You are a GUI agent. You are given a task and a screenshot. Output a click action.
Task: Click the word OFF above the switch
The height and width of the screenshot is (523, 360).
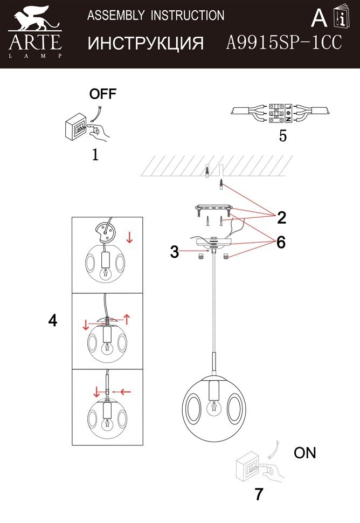tap(102, 94)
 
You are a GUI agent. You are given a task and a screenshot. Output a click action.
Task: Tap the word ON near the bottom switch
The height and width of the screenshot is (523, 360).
tap(304, 453)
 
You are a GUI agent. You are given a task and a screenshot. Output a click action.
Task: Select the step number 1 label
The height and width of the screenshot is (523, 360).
tap(95, 155)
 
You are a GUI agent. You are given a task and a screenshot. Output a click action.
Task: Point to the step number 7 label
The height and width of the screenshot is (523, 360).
tap(259, 494)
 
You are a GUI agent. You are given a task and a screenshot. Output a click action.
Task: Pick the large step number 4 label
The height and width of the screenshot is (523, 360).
tap(52, 320)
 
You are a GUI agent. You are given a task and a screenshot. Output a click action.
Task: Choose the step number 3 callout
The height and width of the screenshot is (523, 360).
tap(174, 252)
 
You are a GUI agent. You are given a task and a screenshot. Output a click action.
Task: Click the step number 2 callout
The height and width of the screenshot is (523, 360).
tap(281, 218)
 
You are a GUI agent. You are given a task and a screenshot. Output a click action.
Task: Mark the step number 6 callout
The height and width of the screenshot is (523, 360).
tap(281, 243)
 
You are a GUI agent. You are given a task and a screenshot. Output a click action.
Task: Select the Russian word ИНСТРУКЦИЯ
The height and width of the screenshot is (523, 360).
tap(146, 43)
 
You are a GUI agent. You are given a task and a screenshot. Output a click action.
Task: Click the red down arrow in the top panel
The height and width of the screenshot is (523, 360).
tap(128, 237)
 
